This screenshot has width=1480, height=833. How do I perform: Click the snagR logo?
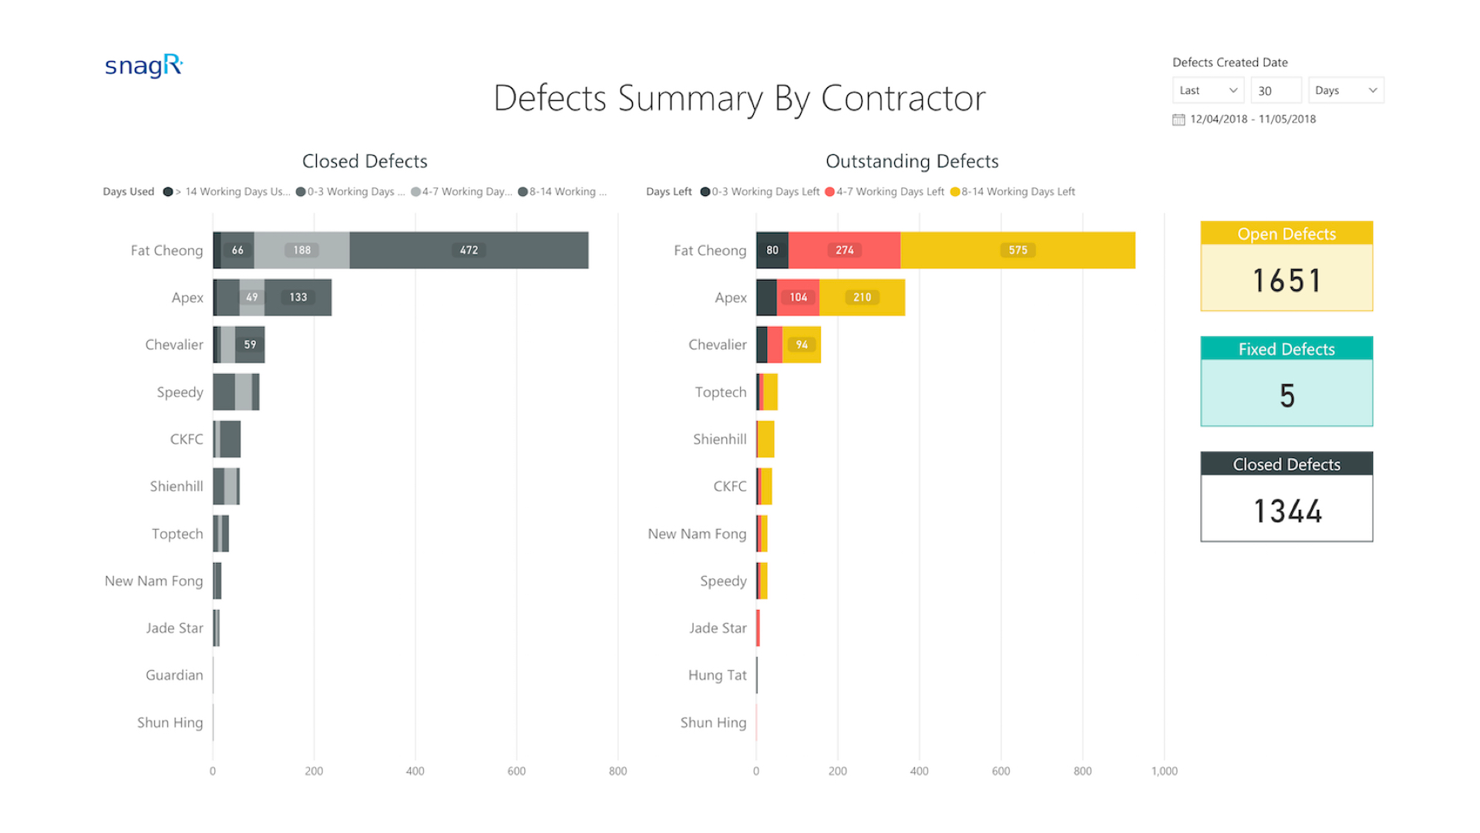point(143,66)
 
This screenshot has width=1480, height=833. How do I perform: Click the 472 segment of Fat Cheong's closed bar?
point(469,250)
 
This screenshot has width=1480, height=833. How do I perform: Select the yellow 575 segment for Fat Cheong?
point(1017,250)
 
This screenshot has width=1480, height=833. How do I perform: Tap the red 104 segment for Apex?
point(798,297)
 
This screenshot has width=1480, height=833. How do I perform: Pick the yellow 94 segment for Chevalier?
point(802,345)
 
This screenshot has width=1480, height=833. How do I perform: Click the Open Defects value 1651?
point(1287,280)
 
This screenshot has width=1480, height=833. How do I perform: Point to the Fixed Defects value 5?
point(1287,396)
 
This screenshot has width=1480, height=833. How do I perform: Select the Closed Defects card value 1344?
point(1287,511)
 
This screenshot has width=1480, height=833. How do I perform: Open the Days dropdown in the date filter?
point(1346,90)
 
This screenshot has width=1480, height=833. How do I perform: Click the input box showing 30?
point(1276,90)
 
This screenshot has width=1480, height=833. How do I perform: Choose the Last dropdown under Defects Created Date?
point(1208,90)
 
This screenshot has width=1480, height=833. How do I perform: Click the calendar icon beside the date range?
point(1179,120)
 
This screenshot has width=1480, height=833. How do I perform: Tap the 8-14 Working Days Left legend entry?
point(1013,191)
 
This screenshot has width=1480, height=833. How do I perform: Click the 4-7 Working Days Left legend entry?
point(884,191)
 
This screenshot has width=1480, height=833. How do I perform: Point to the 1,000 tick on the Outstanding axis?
point(1164,771)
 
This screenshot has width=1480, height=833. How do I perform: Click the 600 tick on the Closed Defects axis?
point(516,771)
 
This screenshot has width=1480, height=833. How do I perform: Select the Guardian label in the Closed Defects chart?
point(174,675)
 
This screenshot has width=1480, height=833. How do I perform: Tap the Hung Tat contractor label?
point(717,675)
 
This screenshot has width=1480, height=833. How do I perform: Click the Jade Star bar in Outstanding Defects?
point(758,628)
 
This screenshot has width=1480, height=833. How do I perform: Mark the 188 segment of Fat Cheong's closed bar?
point(301,250)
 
